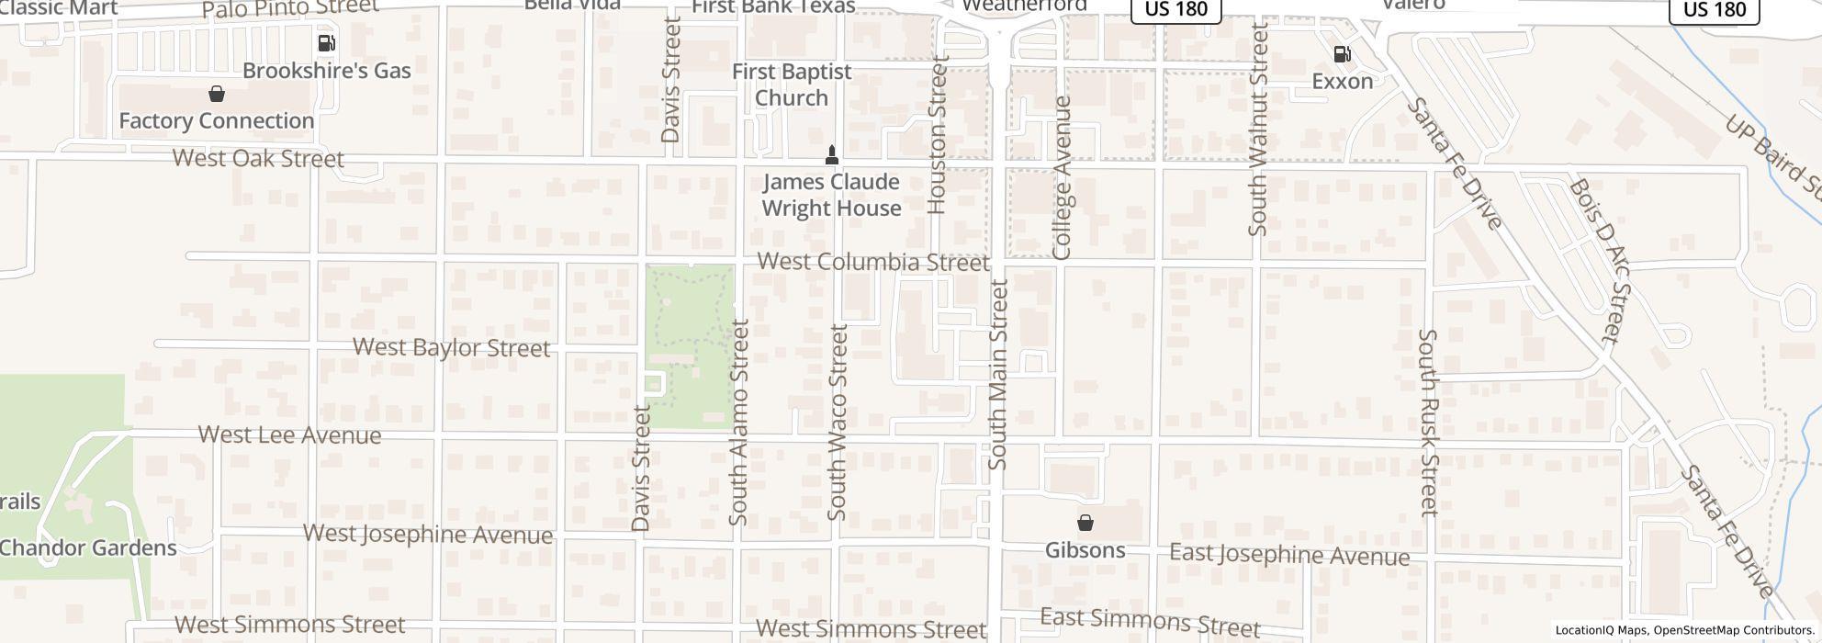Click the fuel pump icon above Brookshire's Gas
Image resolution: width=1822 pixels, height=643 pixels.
(x=326, y=43)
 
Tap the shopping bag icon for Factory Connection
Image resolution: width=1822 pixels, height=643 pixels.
(x=217, y=94)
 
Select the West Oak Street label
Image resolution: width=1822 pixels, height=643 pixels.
(x=258, y=158)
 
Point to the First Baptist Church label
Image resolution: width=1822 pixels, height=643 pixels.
(x=792, y=85)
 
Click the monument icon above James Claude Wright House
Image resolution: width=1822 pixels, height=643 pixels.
(x=832, y=154)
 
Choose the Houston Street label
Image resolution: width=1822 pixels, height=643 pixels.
(x=937, y=134)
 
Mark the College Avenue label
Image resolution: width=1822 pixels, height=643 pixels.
(x=1063, y=177)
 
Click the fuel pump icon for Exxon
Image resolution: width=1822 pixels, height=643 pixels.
(x=1342, y=54)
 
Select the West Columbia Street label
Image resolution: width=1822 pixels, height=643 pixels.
(x=873, y=262)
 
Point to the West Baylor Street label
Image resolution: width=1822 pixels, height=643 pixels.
(x=452, y=347)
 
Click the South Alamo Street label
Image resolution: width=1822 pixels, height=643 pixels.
(x=739, y=422)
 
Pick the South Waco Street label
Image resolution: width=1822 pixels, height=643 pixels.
(x=838, y=422)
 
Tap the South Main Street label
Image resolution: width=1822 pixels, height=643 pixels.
(x=998, y=375)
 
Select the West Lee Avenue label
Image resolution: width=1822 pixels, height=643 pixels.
(x=289, y=434)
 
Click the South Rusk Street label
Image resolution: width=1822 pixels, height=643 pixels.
(x=1428, y=423)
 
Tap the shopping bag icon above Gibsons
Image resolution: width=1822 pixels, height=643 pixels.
(x=1085, y=523)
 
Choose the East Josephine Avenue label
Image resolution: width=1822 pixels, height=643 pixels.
(x=1289, y=555)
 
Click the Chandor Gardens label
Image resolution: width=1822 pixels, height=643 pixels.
(x=88, y=548)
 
